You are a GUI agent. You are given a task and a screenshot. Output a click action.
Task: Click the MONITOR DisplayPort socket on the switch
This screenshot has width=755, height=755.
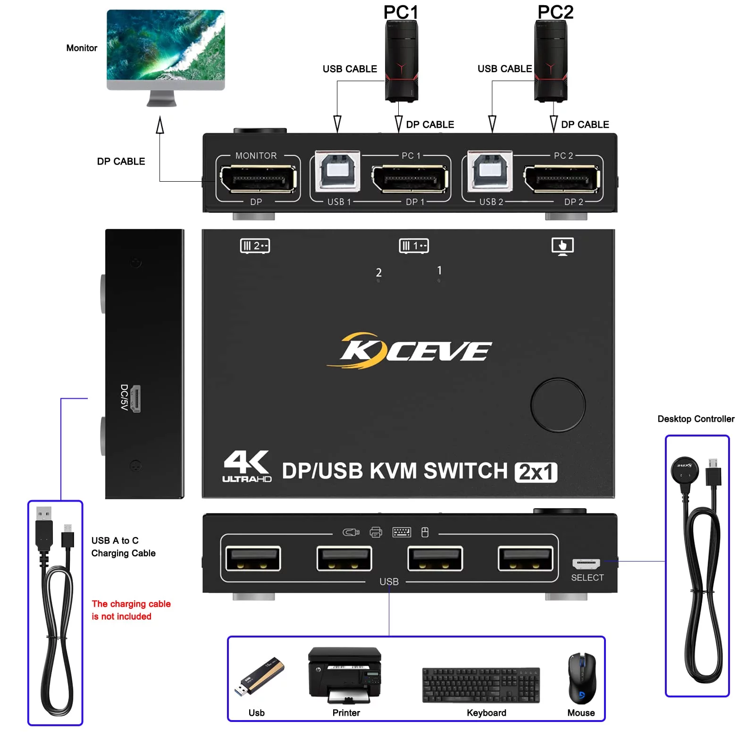pyautogui.click(x=258, y=179)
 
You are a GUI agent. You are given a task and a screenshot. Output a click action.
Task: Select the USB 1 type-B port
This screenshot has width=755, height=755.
pyautogui.click(x=337, y=171)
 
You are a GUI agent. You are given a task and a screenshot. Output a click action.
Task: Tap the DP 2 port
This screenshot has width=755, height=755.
pyautogui.click(x=562, y=179)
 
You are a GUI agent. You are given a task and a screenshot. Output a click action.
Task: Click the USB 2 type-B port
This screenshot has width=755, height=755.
pyautogui.click(x=490, y=171)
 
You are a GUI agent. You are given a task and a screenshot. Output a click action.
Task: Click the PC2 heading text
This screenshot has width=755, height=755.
pyautogui.click(x=555, y=12)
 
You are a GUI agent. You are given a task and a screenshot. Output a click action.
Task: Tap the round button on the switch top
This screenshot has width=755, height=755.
pyautogui.click(x=558, y=405)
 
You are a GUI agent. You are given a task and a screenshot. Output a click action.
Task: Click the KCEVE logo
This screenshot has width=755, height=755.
pyautogui.click(x=409, y=350)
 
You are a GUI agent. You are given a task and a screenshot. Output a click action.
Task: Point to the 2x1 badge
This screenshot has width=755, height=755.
pyautogui.click(x=536, y=472)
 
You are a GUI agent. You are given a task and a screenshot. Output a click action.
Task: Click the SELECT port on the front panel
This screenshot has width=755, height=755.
pyautogui.click(x=586, y=563)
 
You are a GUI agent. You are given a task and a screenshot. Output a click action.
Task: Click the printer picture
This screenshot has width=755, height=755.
pyautogui.click(x=345, y=675)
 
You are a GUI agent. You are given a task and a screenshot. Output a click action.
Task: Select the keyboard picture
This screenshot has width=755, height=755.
pyautogui.click(x=481, y=685)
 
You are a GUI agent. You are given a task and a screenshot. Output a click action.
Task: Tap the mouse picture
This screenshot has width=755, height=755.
pyautogui.click(x=582, y=679)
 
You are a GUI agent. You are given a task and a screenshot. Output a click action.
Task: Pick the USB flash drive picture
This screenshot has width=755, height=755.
pyautogui.click(x=259, y=676)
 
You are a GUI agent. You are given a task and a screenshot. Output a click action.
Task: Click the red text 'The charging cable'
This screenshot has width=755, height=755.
pyautogui.click(x=131, y=604)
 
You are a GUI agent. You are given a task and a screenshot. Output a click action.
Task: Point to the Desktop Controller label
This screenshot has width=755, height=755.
pyautogui.click(x=696, y=419)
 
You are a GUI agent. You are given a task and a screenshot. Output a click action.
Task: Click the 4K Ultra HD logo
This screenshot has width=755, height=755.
pyautogui.click(x=247, y=466)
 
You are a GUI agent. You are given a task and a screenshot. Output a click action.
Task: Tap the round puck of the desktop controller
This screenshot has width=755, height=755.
pyautogui.click(x=685, y=470)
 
